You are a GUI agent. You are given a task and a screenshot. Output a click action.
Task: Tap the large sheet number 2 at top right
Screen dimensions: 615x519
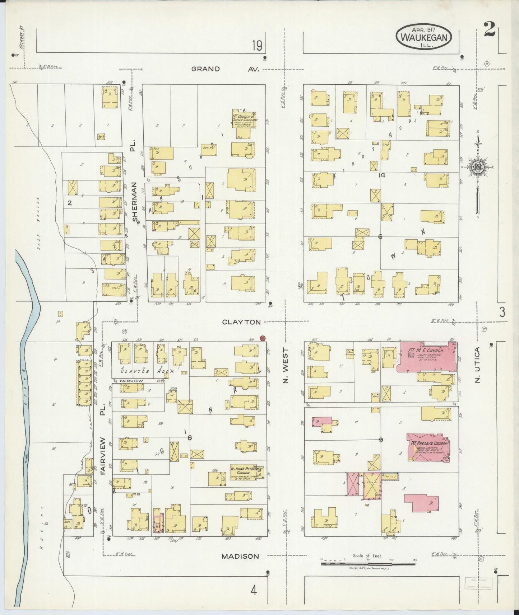point(490,29)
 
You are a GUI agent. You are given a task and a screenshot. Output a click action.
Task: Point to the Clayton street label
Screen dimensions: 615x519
point(241,322)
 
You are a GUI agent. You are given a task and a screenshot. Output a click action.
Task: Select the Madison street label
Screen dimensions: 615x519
point(240,556)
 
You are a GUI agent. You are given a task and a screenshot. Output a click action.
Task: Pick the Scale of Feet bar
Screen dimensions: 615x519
point(367,564)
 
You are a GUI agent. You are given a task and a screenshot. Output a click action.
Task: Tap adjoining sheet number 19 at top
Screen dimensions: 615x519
point(257,46)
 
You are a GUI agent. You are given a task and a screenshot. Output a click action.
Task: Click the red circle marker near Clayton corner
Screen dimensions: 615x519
point(263,338)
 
